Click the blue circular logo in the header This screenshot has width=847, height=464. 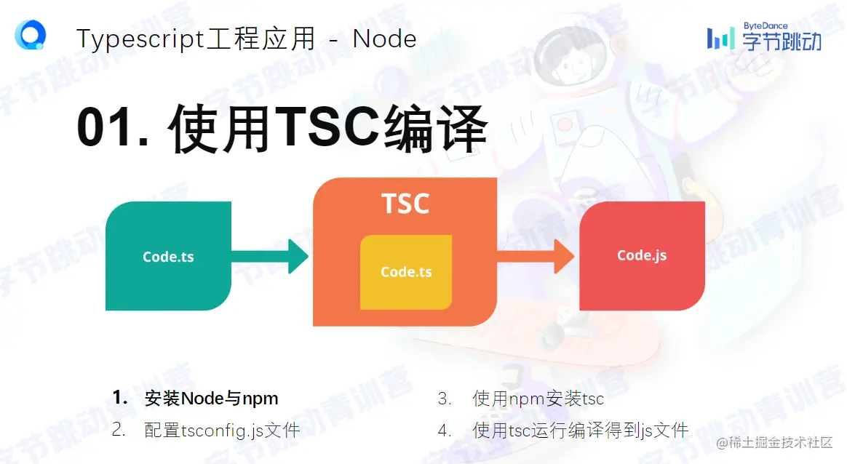(31, 34)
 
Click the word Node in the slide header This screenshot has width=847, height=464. (384, 39)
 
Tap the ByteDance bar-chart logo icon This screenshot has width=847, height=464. (720, 38)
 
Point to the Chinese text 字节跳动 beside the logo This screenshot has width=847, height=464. (782, 42)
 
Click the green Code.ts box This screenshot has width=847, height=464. (168, 256)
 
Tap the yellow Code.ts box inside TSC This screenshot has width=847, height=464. (406, 272)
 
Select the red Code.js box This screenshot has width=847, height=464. (642, 255)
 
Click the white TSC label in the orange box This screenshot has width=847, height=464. (405, 204)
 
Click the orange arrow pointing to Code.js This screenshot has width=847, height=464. (536, 256)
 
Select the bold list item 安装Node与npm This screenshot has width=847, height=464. (211, 399)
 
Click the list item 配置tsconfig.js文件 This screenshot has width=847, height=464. (222, 430)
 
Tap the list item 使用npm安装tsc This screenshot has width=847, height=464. (538, 399)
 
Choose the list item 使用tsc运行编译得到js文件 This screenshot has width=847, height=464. (580, 430)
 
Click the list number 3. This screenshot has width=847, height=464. (445, 399)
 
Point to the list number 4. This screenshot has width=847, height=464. (445, 430)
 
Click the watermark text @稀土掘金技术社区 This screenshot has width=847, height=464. (774, 442)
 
